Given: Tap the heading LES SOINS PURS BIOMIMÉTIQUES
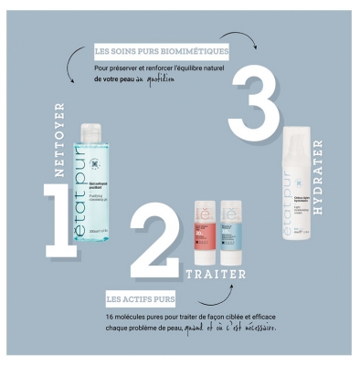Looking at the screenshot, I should coord(161,50).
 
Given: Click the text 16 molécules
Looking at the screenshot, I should coord(125,316).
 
